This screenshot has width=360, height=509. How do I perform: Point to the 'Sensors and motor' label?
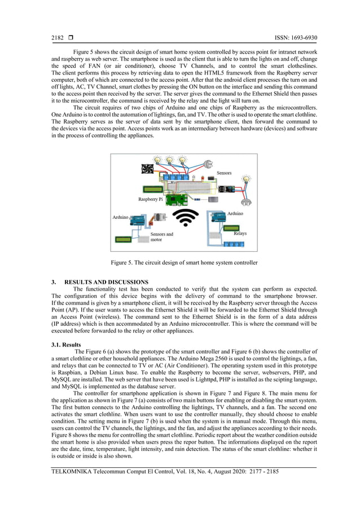tap(161, 236)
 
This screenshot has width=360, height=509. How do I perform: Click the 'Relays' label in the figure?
tap(240, 233)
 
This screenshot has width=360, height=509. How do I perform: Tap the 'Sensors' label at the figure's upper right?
tap(224, 173)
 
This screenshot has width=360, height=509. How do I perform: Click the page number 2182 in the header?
tap(58, 38)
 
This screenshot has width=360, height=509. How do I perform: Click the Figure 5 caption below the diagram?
tap(184, 262)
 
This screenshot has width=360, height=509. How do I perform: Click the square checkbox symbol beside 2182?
tap(71, 38)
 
